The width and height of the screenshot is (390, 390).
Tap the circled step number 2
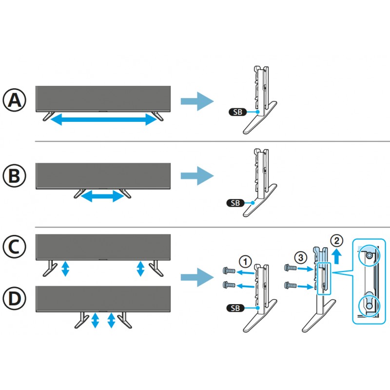point(335,241)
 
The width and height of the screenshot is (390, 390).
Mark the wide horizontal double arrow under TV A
point(102,119)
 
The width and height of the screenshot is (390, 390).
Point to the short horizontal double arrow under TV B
point(102,196)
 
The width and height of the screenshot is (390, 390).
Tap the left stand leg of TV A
point(48,117)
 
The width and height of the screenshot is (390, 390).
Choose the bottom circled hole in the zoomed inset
point(369,305)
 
